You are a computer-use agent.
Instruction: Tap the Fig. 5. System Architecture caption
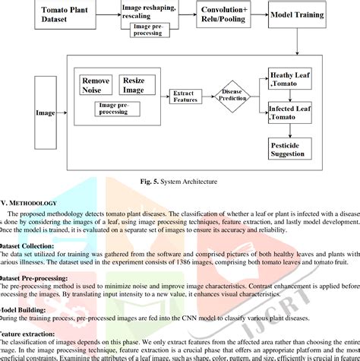click(x=180, y=182)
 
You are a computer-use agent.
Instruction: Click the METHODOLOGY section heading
click(x=30, y=203)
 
